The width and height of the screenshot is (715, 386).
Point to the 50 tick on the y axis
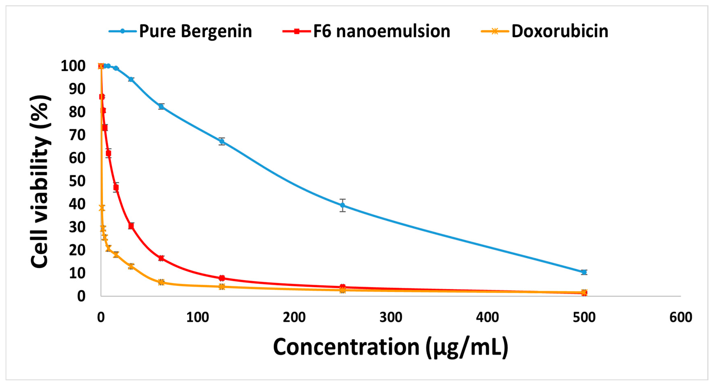pos(77,181)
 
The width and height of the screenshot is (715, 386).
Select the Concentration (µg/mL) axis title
pos(391,347)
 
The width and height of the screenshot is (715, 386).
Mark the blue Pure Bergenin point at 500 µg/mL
pos(584,272)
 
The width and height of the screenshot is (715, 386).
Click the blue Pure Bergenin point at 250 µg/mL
pos(342,206)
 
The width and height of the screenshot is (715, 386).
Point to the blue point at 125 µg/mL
pos(221,141)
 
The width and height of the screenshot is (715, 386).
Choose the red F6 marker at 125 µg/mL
pos(221,278)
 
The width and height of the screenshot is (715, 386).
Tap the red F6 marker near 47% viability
pos(116,188)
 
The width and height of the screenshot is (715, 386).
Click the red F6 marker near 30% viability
pos(131,226)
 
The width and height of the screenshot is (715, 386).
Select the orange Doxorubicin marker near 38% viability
pos(102,208)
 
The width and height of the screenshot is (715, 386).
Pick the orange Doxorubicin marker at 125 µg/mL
pos(221,287)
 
